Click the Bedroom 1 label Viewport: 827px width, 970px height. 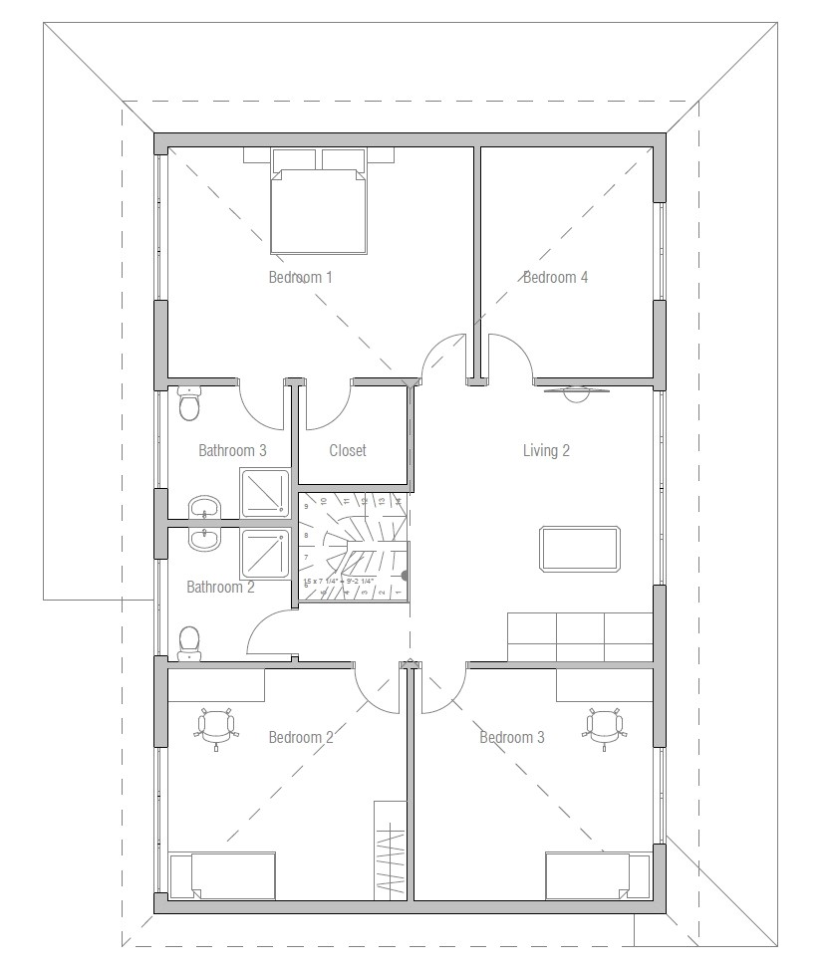(300, 277)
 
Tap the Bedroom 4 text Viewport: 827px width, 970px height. (555, 277)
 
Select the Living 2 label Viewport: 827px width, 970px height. (546, 450)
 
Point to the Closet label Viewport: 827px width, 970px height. (348, 450)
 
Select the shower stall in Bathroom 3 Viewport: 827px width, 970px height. (264, 494)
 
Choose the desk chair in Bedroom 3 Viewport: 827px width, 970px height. (604, 727)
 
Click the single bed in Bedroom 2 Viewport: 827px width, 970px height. (222, 875)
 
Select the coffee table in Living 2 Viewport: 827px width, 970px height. (581, 549)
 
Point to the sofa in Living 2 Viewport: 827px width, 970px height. (580, 637)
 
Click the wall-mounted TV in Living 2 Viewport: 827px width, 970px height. (575, 391)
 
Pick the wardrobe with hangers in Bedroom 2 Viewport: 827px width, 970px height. (391, 847)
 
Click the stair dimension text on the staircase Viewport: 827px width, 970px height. (338, 581)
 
